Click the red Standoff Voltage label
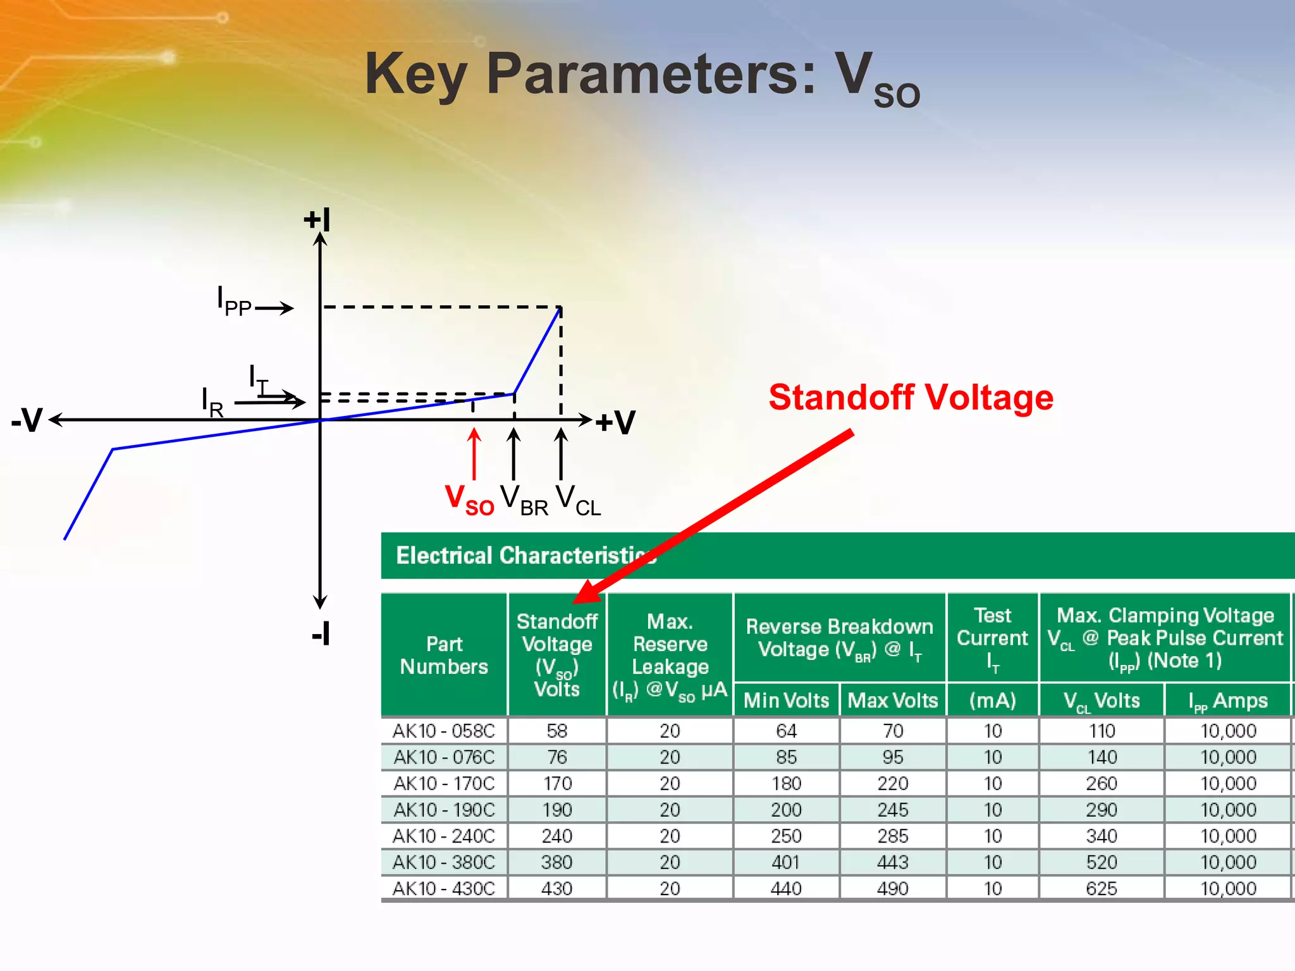click(911, 398)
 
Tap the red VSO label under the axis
click(469, 499)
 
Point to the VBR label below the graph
click(524, 499)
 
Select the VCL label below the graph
click(578, 499)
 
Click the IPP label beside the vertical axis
click(234, 302)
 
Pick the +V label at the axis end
click(615, 422)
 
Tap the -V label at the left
click(27, 420)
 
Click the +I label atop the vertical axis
click(317, 219)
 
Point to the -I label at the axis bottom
click(321, 633)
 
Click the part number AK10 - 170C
click(444, 784)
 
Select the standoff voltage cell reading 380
click(556, 862)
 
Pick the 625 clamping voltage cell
click(1102, 889)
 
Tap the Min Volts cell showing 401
click(786, 862)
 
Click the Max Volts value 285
click(892, 836)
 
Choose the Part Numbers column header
click(444, 655)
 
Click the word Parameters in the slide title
click(651, 74)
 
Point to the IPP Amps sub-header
click(1228, 701)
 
